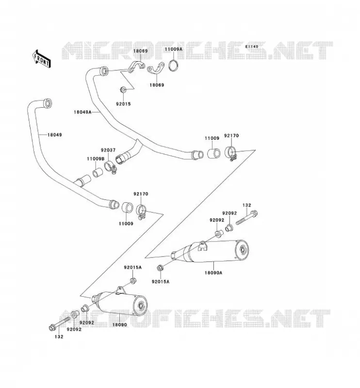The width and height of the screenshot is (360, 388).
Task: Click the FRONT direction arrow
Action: point(42,59)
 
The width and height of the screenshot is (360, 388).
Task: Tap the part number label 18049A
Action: point(82,112)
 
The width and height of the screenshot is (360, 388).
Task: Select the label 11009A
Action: point(174,49)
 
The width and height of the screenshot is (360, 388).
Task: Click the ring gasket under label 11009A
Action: point(173,65)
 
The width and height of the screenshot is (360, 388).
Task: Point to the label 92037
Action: point(108,150)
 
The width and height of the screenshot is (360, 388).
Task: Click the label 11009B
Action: point(96,159)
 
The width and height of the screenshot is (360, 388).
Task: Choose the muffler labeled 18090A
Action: point(211,251)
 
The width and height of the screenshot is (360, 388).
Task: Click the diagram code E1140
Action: point(252,47)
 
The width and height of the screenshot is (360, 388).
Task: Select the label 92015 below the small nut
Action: point(123,104)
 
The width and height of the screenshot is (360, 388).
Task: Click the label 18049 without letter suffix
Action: point(55,135)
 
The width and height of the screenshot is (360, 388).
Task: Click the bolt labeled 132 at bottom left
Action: point(59,323)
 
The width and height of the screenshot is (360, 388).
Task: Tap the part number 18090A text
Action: point(213,273)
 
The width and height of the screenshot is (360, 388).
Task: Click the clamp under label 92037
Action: point(110,167)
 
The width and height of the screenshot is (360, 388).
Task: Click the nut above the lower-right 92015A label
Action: point(160,268)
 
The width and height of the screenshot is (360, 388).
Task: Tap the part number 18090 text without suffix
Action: point(120,324)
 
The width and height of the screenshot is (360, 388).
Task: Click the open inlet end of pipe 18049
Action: point(48,103)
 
